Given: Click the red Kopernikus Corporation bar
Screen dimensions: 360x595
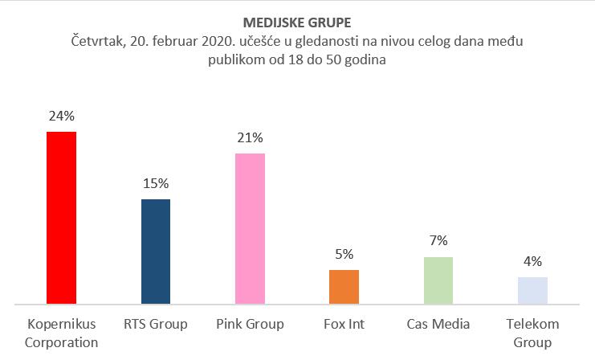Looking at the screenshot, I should [61, 218].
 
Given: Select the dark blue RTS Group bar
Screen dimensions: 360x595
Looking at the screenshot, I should [156, 252].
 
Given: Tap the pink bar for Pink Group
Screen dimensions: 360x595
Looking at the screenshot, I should [250, 228].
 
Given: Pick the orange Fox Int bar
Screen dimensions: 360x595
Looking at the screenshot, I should [344, 287].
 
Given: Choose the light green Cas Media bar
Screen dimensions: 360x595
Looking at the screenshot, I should [438, 280].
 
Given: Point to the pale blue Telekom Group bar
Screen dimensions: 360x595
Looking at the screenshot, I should [532, 290].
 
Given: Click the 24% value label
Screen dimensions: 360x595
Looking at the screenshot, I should [61, 116].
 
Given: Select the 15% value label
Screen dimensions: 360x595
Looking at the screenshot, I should [156, 184].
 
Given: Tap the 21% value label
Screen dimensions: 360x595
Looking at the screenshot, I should [250, 137].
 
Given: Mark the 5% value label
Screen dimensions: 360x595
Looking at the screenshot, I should [344, 255].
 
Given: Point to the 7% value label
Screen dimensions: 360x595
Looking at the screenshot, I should [438, 241].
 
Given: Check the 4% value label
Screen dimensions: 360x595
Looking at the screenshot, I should [532, 261].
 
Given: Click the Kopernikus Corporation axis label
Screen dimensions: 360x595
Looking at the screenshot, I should [61, 333].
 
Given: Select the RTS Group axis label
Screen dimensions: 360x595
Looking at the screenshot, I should [156, 325].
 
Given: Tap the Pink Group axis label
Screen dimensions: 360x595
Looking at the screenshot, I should [250, 325].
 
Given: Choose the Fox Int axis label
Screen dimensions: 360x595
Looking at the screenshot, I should [344, 325].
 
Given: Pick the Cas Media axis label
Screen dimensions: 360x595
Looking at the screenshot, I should [438, 325].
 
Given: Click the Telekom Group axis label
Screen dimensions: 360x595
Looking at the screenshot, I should [532, 333].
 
